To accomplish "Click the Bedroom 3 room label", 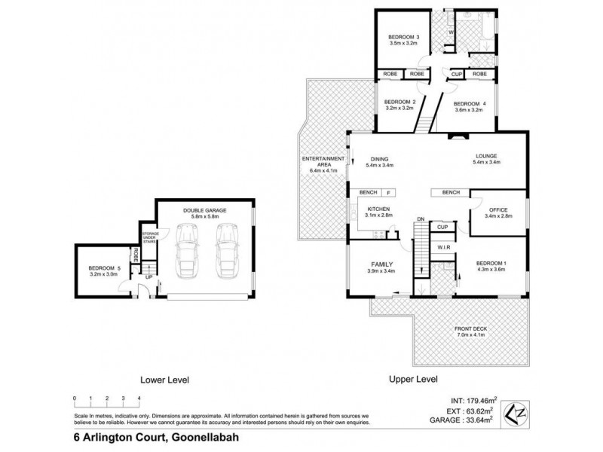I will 403,38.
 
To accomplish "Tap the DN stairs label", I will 421,219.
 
